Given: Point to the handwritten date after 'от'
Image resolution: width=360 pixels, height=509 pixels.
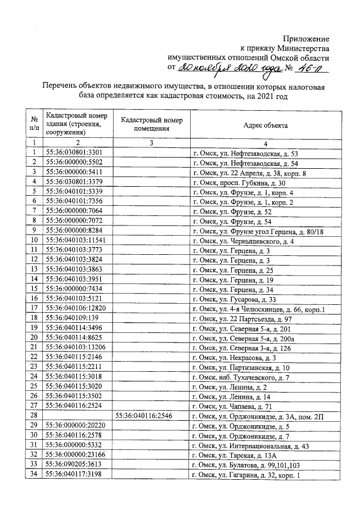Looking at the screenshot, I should click(226, 67).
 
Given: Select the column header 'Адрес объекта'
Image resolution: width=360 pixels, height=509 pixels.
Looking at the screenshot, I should click(265, 125).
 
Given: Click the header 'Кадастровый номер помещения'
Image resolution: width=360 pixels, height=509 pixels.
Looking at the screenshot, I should click(151, 124).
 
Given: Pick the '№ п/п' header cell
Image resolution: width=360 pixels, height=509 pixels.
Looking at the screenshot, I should click(34, 124).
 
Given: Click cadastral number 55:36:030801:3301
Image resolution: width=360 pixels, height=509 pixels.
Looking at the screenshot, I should click(74, 153).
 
